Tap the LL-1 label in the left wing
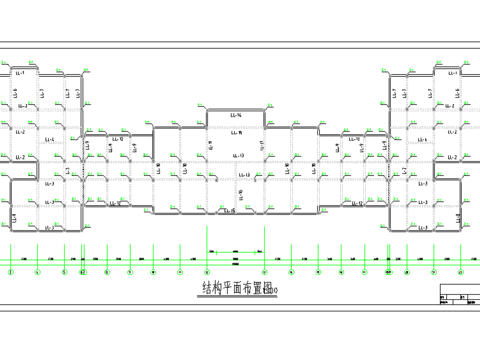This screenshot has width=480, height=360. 20,73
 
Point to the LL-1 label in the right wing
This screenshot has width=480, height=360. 452,73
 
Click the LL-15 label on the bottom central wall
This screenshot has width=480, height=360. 230,211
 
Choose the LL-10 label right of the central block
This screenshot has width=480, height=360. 352,139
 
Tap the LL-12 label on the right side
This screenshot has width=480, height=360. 358,203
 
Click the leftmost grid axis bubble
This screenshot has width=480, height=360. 11,271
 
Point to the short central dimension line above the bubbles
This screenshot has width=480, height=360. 236,248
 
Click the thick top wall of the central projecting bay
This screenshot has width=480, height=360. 236,109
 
